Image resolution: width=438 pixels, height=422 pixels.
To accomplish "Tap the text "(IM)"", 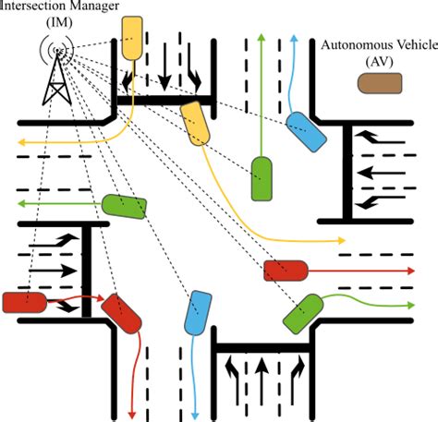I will click(60, 23).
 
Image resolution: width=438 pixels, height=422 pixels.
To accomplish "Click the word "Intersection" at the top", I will click(43, 7).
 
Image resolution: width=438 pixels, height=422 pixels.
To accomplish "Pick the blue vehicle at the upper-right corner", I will click(306, 133).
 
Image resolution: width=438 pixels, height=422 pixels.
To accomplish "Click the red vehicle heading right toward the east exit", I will click(285, 271).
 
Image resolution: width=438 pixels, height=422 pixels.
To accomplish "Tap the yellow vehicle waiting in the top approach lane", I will click(135, 38).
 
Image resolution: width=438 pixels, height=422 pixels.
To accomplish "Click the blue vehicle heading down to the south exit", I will click(201, 314).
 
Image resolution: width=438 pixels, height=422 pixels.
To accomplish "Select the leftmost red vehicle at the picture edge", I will click(22, 302).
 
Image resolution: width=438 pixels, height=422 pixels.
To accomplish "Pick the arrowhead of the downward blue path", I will click(200, 412).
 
